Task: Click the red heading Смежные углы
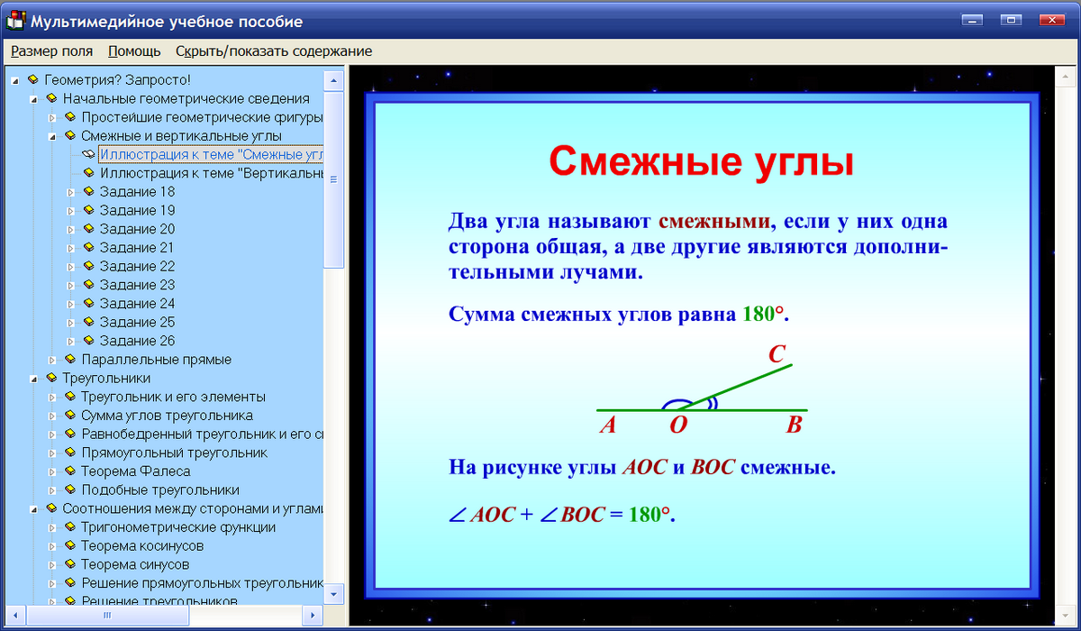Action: (x=701, y=163)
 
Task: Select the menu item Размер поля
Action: (x=51, y=51)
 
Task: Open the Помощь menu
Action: (x=134, y=51)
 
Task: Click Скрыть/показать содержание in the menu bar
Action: (x=273, y=51)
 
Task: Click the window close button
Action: (x=1050, y=20)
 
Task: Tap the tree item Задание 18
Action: (x=137, y=192)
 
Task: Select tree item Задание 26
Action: (x=137, y=341)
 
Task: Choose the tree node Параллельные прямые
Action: (x=156, y=360)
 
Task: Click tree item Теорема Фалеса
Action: (x=135, y=471)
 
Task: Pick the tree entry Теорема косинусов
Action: (x=142, y=546)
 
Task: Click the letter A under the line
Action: (x=608, y=425)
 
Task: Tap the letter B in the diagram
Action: (x=794, y=425)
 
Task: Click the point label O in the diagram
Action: (x=677, y=425)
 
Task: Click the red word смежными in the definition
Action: (x=714, y=222)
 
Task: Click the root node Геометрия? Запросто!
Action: (x=117, y=80)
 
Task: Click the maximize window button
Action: (x=1011, y=20)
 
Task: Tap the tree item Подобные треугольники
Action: (x=159, y=490)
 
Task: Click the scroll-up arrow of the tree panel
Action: (x=333, y=80)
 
